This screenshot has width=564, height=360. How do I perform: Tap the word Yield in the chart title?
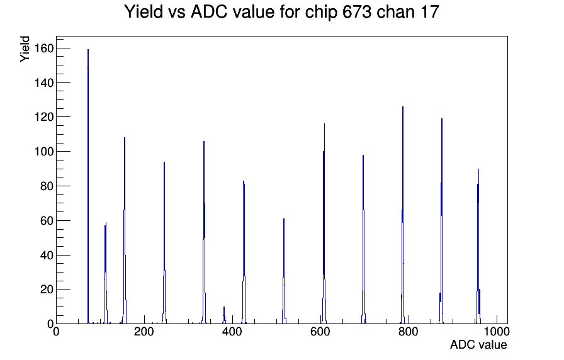tap(144, 12)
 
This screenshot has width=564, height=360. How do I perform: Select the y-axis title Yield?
tap(25, 49)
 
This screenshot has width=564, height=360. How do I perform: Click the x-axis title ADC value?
tap(478, 344)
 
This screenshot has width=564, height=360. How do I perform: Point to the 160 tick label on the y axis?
tap(44, 48)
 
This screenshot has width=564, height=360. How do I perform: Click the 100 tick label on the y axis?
tap(44, 152)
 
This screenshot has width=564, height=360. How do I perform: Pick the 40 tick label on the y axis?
tap(47, 255)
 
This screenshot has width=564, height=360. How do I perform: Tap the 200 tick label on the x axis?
tap(144, 332)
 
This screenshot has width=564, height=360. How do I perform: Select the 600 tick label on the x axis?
tap(320, 332)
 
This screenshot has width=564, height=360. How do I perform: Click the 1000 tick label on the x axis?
tap(497, 332)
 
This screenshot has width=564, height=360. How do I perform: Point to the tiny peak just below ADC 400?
tap(224, 315)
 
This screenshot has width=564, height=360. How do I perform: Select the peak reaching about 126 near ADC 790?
tap(403, 216)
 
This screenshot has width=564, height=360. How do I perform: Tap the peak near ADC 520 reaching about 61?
tap(284, 271)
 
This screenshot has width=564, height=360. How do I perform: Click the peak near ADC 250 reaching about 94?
tap(164, 243)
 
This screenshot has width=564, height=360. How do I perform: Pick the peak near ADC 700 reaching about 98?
tap(363, 240)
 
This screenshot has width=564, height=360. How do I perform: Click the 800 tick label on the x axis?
tap(409, 332)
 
